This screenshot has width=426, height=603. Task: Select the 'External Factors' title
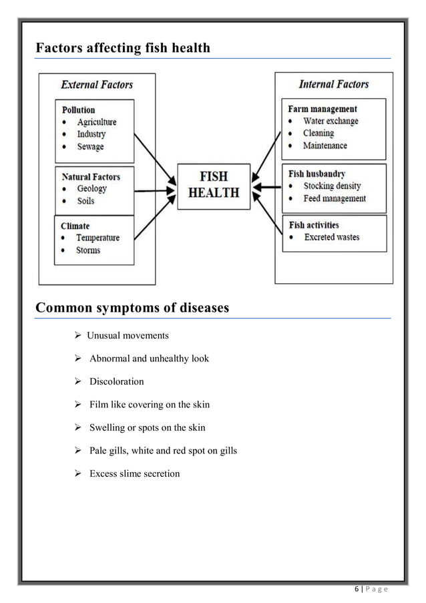coord(97,85)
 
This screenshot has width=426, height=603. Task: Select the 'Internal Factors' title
coord(333,84)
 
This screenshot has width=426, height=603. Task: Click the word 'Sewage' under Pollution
coord(90,146)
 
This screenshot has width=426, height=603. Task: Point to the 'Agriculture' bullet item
coord(96,122)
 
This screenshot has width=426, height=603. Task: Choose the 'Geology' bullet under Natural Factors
coord(91,189)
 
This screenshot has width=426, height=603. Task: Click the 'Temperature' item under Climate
coord(97,238)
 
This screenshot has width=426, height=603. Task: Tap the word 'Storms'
coord(88,250)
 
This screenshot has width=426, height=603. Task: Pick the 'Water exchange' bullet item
coord(331,121)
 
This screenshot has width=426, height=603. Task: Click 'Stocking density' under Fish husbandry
coord(332,186)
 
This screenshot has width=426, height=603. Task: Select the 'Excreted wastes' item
coord(331,237)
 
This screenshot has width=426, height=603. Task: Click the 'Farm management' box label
coord(323,109)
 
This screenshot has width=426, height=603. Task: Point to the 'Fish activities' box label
coord(314,225)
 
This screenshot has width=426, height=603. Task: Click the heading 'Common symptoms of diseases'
coord(132,308)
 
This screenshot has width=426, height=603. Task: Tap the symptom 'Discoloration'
coord(116,381)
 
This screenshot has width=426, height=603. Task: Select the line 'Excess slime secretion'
coord(134,473)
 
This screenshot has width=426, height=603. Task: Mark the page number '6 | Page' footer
coord(371,587)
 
